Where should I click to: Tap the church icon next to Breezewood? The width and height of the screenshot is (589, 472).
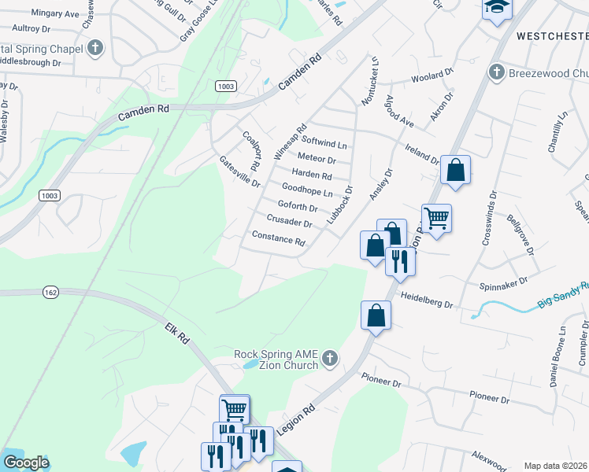[496, 72]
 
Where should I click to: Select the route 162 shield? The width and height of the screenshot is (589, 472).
[51, 292]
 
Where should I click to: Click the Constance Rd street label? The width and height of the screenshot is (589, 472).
[278, 237]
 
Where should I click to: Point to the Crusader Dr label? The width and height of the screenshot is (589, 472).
[290, 222]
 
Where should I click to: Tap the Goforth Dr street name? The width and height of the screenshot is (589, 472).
[298, 207]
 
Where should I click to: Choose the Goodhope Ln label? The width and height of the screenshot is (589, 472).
[307, 190]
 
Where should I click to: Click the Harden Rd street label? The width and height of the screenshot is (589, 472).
[312, 175]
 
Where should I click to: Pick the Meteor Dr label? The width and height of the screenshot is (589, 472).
[317, 159]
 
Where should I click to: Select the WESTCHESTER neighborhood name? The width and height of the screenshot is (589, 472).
[552, 36]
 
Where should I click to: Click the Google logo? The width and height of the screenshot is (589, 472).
[26, 463]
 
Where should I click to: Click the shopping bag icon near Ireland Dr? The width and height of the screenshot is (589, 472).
[456, 169]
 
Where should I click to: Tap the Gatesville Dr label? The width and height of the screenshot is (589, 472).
[240, 171]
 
